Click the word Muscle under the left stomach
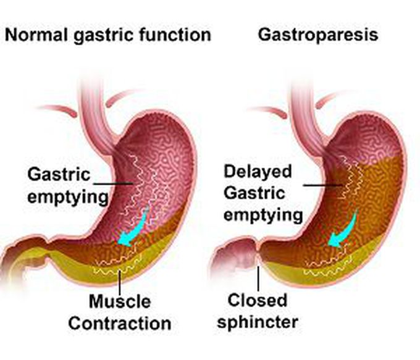click(x=119, y=302)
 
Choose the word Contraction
click(x=119, y=322)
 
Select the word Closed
click(x=258, y=300)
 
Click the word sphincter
click(x=262, y=321)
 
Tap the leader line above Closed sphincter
click(x=258, y=275)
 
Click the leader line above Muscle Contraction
click(x=119, y=281)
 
